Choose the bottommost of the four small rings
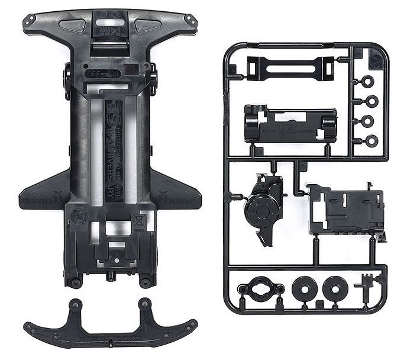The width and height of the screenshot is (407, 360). click(x=370, y=140)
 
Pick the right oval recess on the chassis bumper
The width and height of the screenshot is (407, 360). click(x=146, y=24)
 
